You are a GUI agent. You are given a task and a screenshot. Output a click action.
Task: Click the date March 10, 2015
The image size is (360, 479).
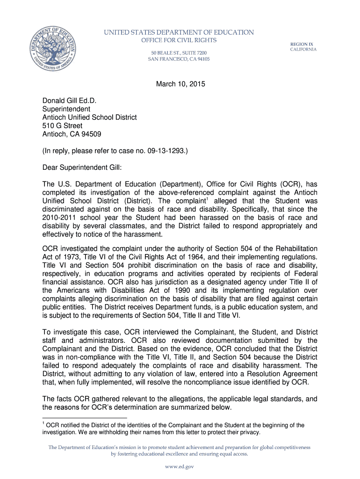(180, 85)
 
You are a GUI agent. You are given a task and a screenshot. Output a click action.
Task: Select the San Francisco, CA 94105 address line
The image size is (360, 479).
(179, 59)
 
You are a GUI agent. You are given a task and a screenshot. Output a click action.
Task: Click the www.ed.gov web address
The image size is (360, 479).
(179, 466)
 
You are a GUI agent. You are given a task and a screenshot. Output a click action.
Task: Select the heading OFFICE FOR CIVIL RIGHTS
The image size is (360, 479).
(179, 40)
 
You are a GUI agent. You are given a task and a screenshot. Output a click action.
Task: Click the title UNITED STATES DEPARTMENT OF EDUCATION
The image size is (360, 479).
(179, 32)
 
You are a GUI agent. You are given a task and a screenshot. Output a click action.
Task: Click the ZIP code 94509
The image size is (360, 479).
(91, 134)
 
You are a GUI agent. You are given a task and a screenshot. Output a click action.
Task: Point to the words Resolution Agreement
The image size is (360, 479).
(273, 374)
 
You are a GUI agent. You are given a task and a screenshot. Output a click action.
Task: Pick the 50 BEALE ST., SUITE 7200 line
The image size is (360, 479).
(179, 52)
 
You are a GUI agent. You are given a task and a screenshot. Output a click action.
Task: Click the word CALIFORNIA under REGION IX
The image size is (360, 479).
(303, 50)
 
